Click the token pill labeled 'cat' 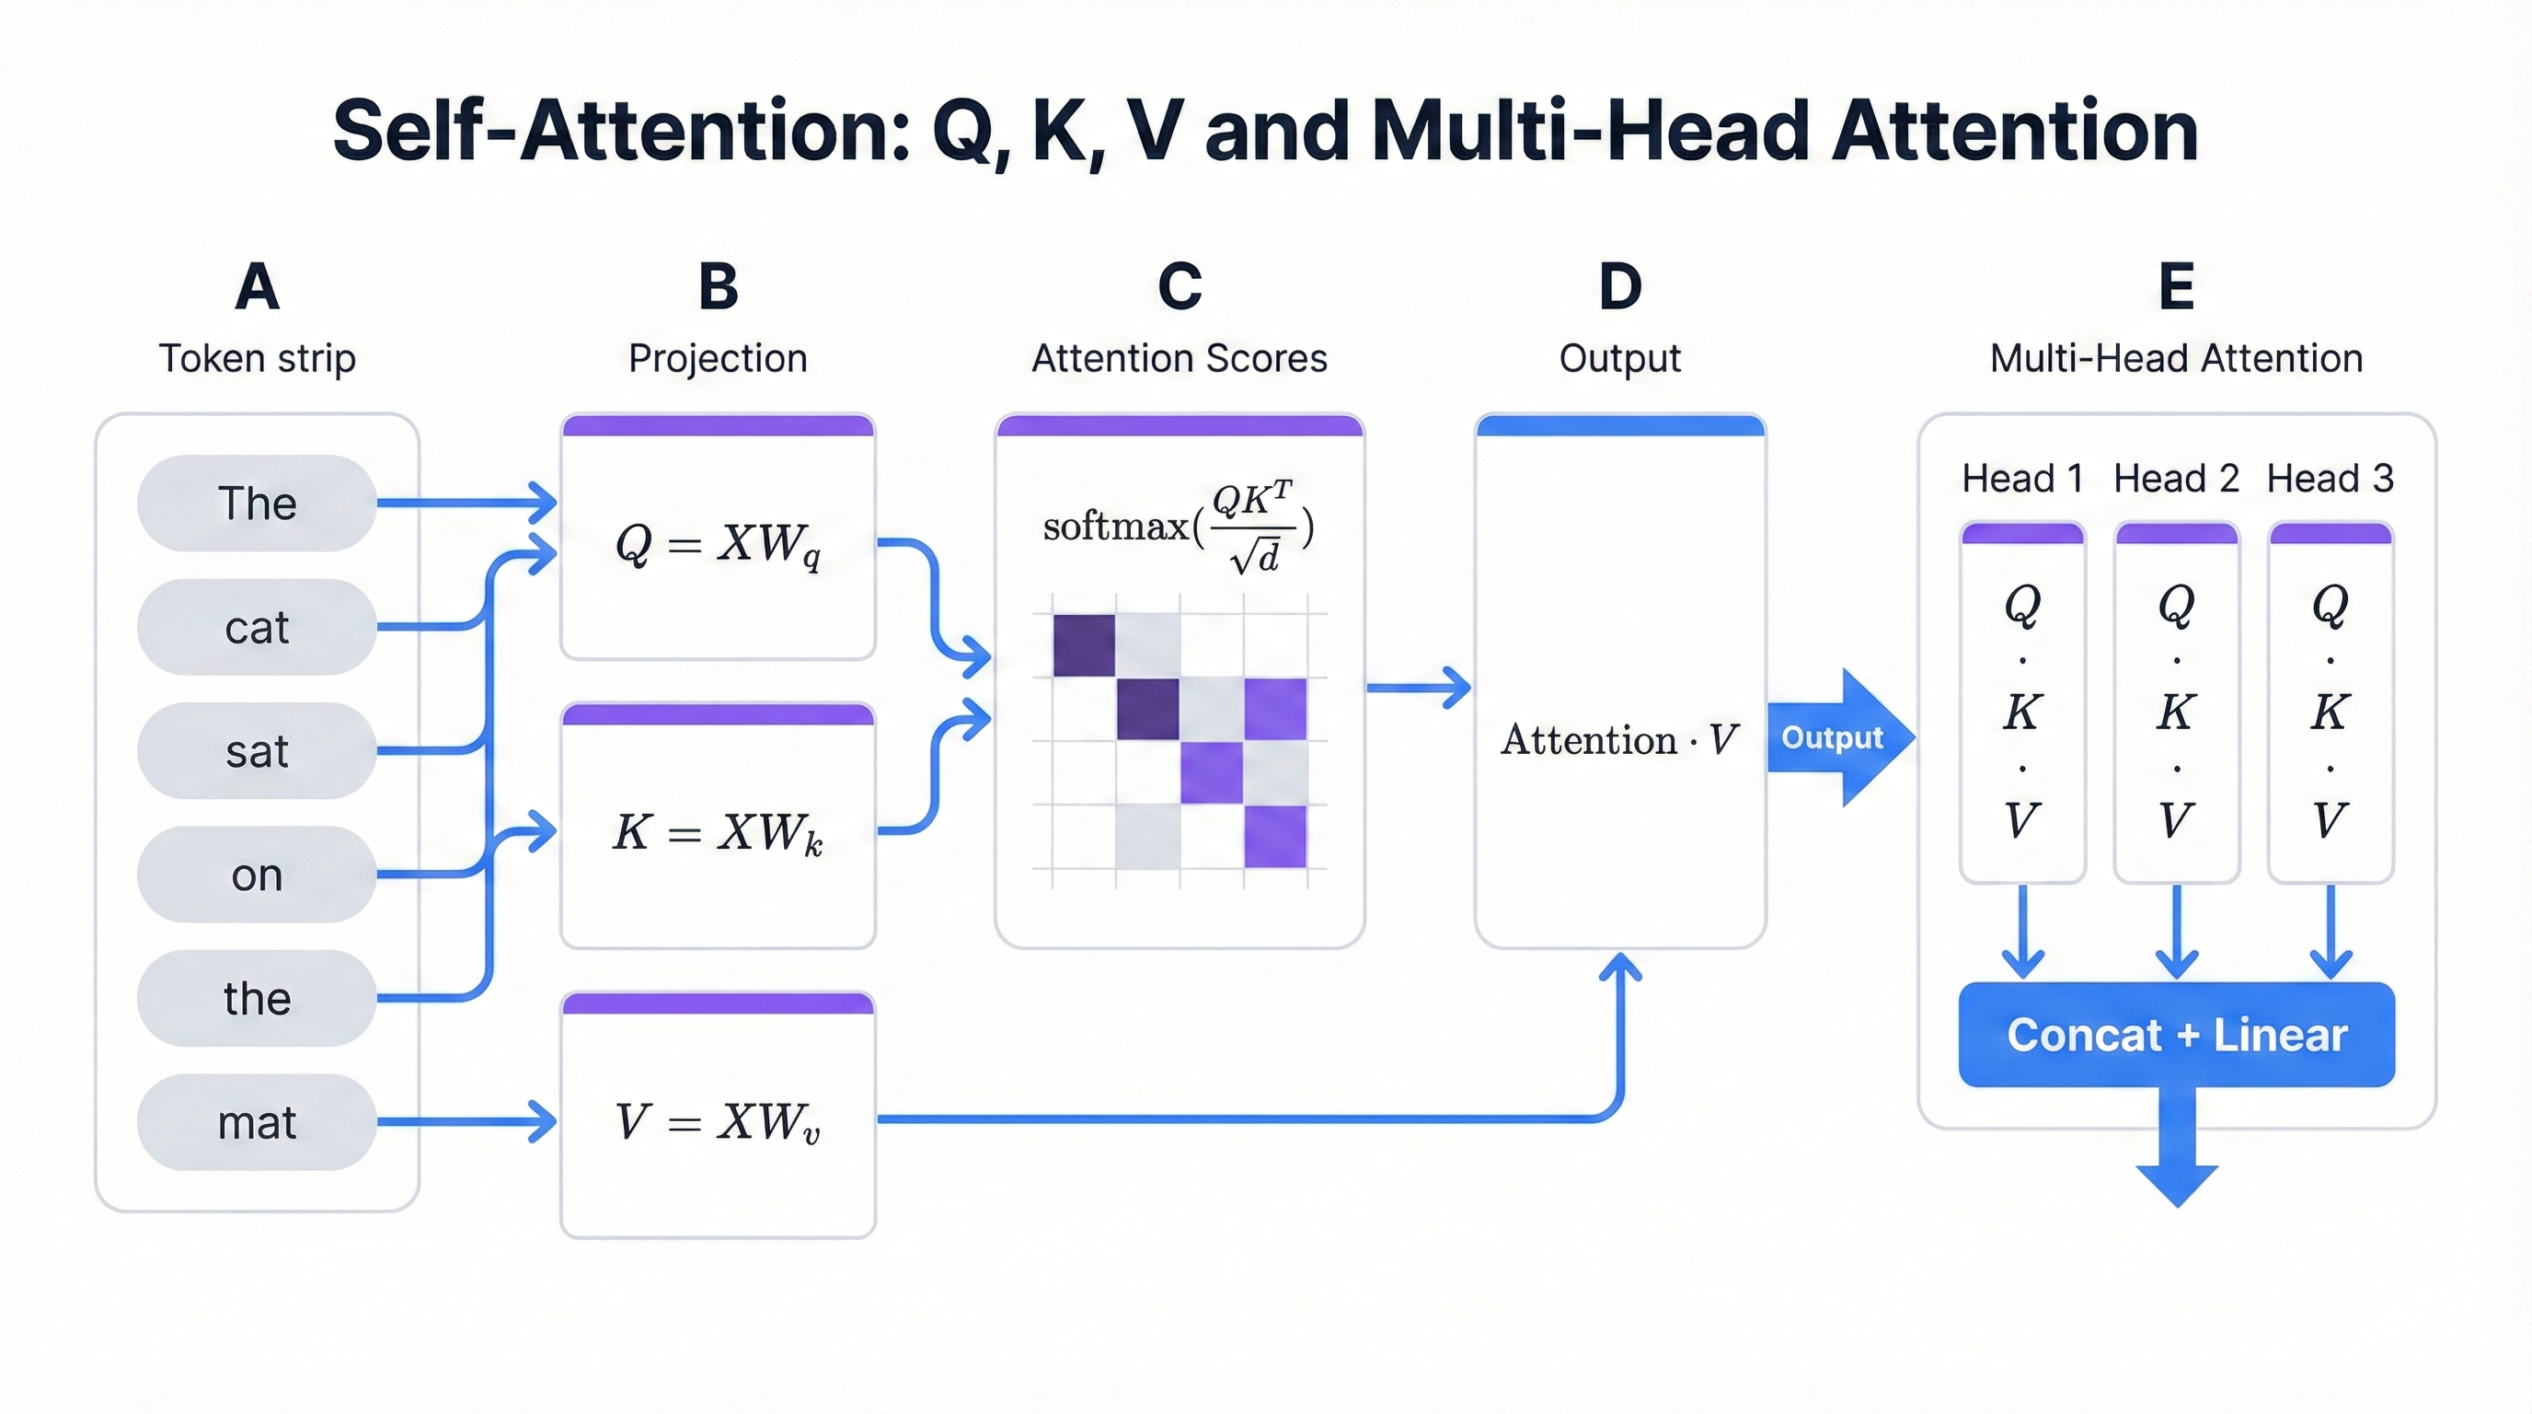click(x=257, y=627)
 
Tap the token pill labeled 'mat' click(x=257, y=1122)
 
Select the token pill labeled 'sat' click(x=257, y=751)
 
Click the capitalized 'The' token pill click(x=257, y=504)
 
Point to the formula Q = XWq click(x=718, y=544)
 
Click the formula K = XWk click(x=718, y=833)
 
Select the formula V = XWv click(x=718, y=1122)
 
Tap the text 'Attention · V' click(x=1619, y=739)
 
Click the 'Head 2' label click(x=2176, y=479)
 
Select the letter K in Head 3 click(x=2330, y=711)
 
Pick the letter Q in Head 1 click(x=2022, y=604)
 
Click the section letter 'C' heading click(x=1180, y=287)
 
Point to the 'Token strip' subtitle click(x=257, y=358)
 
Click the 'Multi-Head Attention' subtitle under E click(x=2176, y=358)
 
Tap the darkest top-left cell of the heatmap click(x=1083, y=645)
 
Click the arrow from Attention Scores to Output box click(x=1419, y=688)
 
